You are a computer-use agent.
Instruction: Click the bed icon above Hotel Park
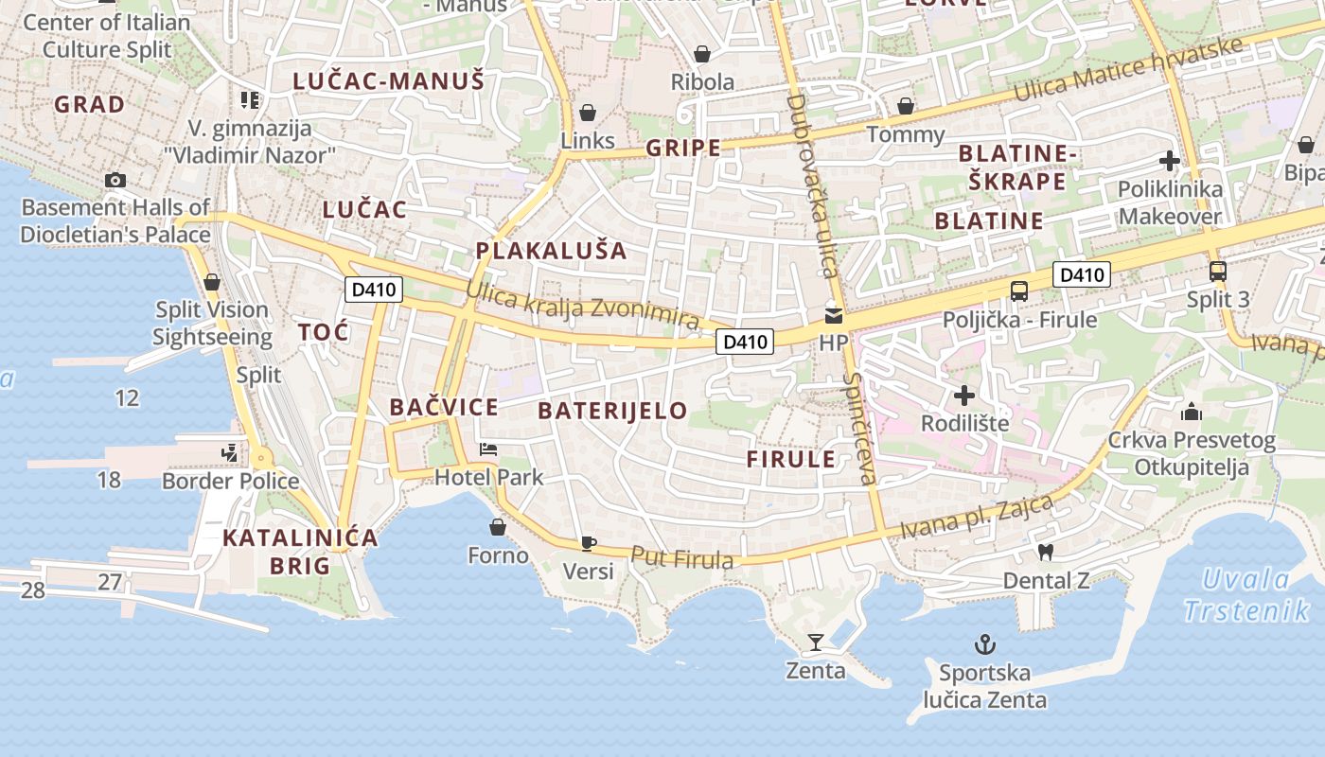pos(488,449)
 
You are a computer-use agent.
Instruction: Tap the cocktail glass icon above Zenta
pos(815,643)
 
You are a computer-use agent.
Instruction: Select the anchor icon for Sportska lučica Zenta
pos(985,645)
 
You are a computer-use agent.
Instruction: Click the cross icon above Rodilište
pos(964,395)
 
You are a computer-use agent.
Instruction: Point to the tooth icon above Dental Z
pos(1046,551)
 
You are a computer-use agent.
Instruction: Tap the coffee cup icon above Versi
pos(588,543)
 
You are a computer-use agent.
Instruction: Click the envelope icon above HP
pos(833,316)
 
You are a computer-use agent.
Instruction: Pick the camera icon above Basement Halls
pos(115,180)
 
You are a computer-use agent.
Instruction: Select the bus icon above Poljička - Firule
pos(1019,291)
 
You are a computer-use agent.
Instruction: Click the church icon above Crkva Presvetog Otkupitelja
pos(1192,412)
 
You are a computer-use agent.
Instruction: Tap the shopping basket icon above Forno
pos(498,527)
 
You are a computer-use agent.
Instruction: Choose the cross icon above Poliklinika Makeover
pos(1170,161)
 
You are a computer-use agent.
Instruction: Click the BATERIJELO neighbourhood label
pos(612,411)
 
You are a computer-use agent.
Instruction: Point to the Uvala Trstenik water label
pos(1246,594)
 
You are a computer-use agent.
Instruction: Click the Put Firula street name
pos(681,559)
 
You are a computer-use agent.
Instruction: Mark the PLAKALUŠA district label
pos(551,251)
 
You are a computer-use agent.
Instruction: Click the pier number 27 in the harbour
pos(110,581)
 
